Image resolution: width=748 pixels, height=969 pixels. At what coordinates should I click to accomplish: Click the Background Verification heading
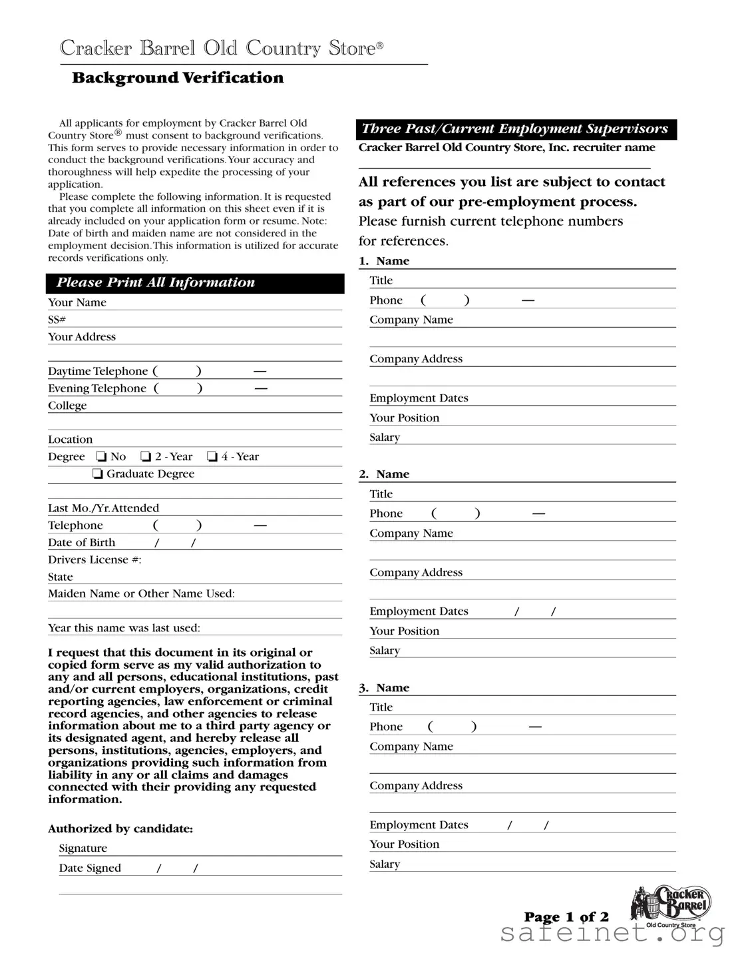click(x=178, y=78)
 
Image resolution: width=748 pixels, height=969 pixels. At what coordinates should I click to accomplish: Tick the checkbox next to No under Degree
click(x=101, y=457)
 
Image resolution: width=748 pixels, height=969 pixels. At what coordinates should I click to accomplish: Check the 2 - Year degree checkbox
click(x=146, y=457)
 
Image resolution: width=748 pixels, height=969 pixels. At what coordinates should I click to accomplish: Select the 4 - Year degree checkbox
click(x=212, y=457)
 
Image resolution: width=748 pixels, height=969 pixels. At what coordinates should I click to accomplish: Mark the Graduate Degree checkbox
click(x=98, y=474)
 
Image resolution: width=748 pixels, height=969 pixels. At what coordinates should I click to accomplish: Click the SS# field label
click(x=57, y=320)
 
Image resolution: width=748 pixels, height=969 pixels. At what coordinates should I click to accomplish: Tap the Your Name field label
click(x=77, y=302)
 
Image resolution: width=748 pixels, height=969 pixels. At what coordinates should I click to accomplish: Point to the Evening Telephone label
click(x=97, y=388)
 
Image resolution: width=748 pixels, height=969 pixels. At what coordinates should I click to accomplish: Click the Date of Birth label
click(x=81, y=543)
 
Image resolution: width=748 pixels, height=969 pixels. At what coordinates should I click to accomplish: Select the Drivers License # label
click(x=94, y=560)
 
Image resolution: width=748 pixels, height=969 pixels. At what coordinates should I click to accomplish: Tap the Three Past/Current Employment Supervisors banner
click(x=516, y=129)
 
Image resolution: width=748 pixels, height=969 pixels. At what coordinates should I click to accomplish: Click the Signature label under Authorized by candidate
click(x=83, y=848)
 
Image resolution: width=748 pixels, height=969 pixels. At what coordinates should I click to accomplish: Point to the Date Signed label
click(x=90, y=868)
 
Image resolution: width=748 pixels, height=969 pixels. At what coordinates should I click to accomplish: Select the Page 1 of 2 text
click(x=566, y=918)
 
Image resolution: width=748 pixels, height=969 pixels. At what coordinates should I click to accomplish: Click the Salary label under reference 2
click(x=385, y=651)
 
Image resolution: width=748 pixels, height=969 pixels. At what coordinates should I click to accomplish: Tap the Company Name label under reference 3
click(x=411, y=747)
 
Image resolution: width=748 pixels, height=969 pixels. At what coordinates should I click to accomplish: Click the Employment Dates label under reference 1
click(x=419, y=398)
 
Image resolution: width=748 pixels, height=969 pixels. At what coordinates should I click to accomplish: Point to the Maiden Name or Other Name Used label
click(x=141, y=594)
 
